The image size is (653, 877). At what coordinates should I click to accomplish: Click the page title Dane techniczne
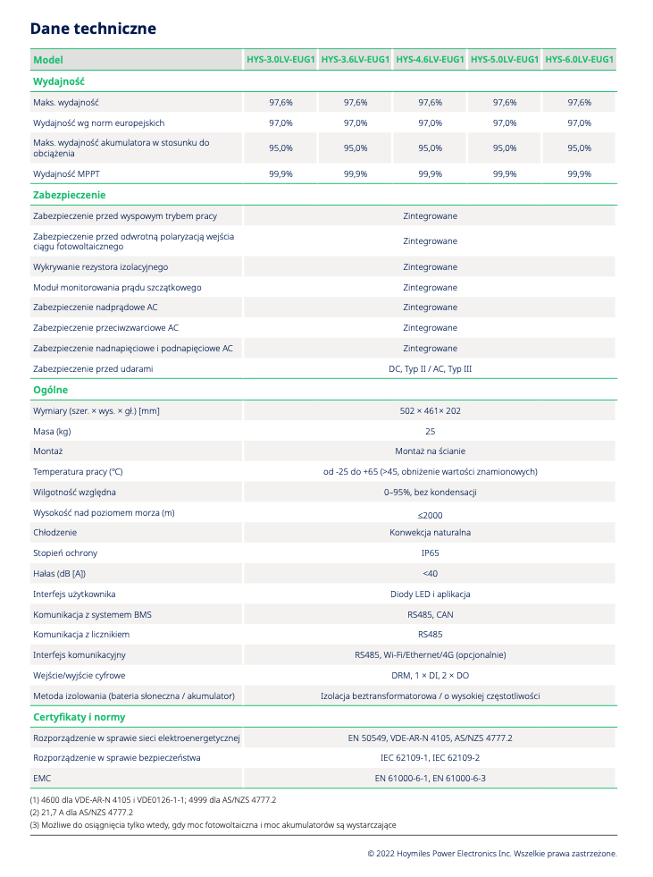point(93,29)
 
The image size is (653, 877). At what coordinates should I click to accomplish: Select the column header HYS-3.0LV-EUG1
point(280,60)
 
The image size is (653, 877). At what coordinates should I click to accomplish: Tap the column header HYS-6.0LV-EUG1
point(579,60)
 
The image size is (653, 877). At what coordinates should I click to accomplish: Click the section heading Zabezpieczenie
point(69,195)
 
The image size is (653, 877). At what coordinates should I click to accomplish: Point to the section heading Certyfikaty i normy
point(79,717)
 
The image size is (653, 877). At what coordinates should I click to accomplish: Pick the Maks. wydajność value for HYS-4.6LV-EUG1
point(430,103)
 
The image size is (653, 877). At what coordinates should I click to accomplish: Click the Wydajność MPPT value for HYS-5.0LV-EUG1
point(504,174)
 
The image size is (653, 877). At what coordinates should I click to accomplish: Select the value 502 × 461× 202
point(430,410)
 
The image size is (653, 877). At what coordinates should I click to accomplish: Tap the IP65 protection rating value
point(430,553)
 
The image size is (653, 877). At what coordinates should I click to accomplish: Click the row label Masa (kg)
point(52,431)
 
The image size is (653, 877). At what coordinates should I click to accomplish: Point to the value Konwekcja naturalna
point(430,533)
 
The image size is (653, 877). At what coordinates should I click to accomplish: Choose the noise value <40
point(430,574)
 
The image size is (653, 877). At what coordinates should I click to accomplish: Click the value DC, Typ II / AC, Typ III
point(430,368)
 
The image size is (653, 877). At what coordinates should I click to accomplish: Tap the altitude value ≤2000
point(430,515)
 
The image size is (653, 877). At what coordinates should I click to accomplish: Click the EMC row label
point(42,778)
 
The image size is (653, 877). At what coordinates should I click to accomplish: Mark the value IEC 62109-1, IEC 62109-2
point(430,757)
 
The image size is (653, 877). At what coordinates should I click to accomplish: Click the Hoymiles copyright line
point(492,854)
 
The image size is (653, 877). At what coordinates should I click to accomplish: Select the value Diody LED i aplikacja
point(430,595)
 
